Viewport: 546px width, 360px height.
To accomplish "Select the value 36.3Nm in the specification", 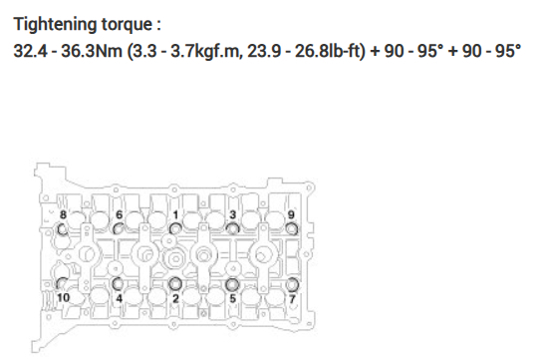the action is [x=92, y=51].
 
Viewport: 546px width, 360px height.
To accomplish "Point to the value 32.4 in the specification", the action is [x=30, y=51].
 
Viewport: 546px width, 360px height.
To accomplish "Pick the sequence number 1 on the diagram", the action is [x=175, y=214].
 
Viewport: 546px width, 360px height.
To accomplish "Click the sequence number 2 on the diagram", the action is [x=175, y=298].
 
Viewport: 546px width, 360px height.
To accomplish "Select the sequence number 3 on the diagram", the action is [x=233, y=214].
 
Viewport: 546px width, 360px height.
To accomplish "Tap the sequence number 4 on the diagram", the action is [x=120, y=298].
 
